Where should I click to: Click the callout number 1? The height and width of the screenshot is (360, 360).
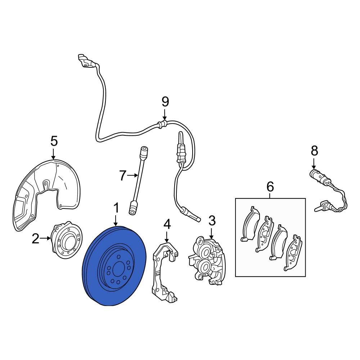tap(116, 208)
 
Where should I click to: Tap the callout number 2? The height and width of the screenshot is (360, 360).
tap(35, 238)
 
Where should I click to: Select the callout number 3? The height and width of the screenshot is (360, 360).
tap(212, 220)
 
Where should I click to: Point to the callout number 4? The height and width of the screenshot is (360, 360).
tap(167, 224)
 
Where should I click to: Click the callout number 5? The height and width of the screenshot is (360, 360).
tap(54, 141)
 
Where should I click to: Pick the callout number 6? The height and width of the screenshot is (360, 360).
tap(270, 187)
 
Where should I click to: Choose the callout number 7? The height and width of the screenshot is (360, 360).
tap(123, 176)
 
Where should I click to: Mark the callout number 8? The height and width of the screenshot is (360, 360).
tap(314, 150)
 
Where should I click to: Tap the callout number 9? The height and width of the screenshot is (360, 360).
tap(165, 102)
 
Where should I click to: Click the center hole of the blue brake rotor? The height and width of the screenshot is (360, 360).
tap(118, 270)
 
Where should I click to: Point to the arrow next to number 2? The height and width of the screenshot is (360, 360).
tap(46, 238)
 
